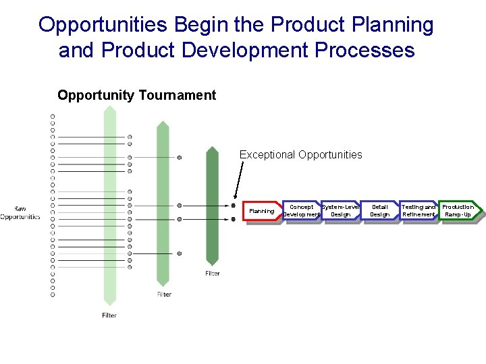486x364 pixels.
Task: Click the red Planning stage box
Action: [262, 211]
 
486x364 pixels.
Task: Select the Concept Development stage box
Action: [301, 211]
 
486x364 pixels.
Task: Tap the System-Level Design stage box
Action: [340, 211]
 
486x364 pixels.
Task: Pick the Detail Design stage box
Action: [380, 211]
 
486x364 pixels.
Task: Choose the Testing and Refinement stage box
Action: [418, 211]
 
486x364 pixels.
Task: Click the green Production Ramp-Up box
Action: [458, 211]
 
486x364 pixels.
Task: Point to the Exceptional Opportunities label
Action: [300, 155]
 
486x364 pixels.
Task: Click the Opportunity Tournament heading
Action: [136, 95]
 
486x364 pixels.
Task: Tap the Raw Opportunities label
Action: [20, 213]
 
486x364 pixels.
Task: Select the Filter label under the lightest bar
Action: [109, 315]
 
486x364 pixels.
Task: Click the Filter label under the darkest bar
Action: [213, 273]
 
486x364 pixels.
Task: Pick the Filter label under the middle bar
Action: [164, 294]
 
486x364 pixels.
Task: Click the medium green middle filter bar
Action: [163, 202]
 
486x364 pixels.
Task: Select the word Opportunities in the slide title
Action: [103, 25]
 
